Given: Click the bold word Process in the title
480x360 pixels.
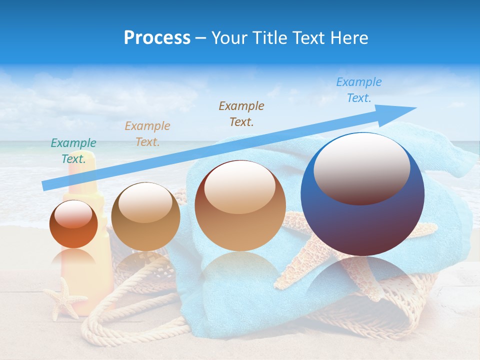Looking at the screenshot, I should pos(157,37).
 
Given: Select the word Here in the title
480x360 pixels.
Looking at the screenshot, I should pos(348,37).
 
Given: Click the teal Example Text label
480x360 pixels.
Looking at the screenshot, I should pos(73,151).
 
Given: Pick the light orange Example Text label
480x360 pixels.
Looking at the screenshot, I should pos(147,133).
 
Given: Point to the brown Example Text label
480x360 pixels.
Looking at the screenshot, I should pos(241,113).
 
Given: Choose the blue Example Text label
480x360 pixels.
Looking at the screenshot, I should pos(359,90).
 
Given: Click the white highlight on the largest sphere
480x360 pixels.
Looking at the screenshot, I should pos(361,168).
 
